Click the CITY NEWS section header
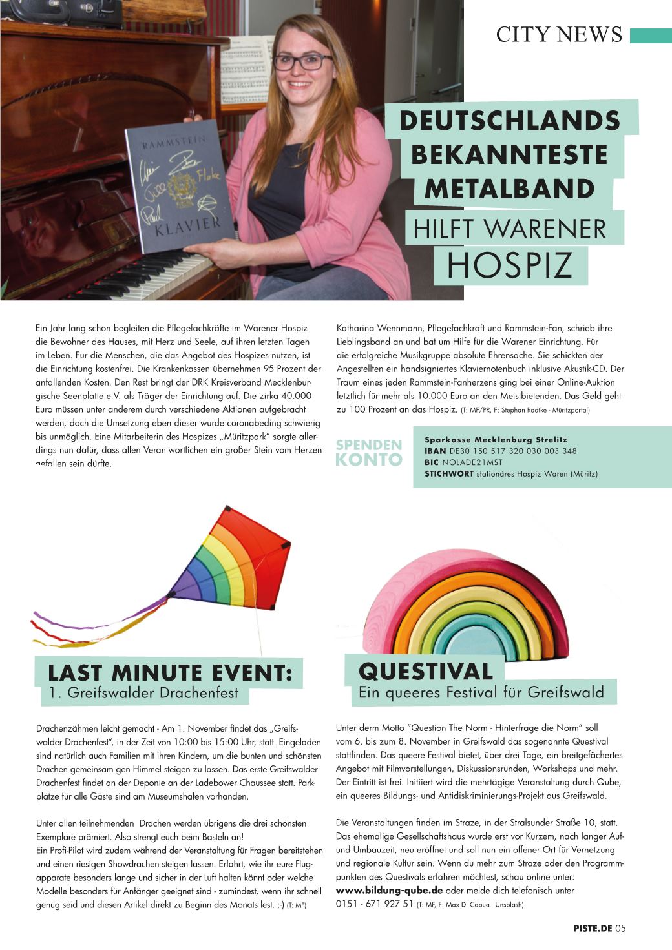point(558,34)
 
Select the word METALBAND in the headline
point(509,189)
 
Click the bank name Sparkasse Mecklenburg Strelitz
point(496,440)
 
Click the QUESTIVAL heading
point(425,671)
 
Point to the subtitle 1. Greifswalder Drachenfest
point(143,694)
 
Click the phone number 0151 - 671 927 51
point(375,904)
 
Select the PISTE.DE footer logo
point(592,929)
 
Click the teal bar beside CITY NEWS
point(651,35)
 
